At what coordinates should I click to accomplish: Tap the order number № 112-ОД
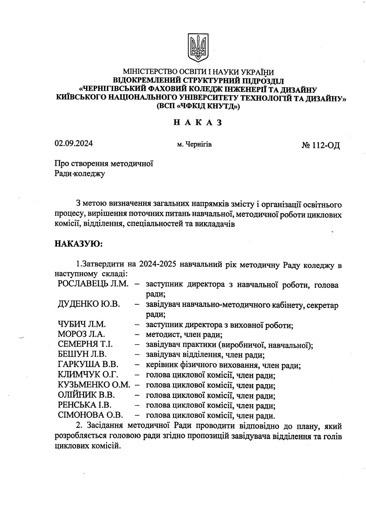pyautogui.click(x=321, y=145)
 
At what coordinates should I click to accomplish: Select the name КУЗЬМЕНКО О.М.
pyautogui.click(x=93, y=385)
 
